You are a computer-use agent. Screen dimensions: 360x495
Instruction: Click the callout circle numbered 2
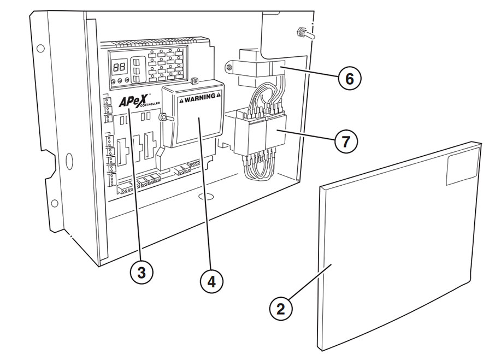point(280,309)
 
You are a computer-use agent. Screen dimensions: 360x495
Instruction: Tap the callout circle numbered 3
point(141,272)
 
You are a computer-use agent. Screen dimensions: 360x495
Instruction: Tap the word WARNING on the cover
point(197,99)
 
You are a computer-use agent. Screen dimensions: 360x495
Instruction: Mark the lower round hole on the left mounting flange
point(55,204)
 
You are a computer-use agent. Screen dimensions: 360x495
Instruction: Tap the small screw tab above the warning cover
point(194,82)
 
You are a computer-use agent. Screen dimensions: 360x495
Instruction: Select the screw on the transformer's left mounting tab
point(229,68)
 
